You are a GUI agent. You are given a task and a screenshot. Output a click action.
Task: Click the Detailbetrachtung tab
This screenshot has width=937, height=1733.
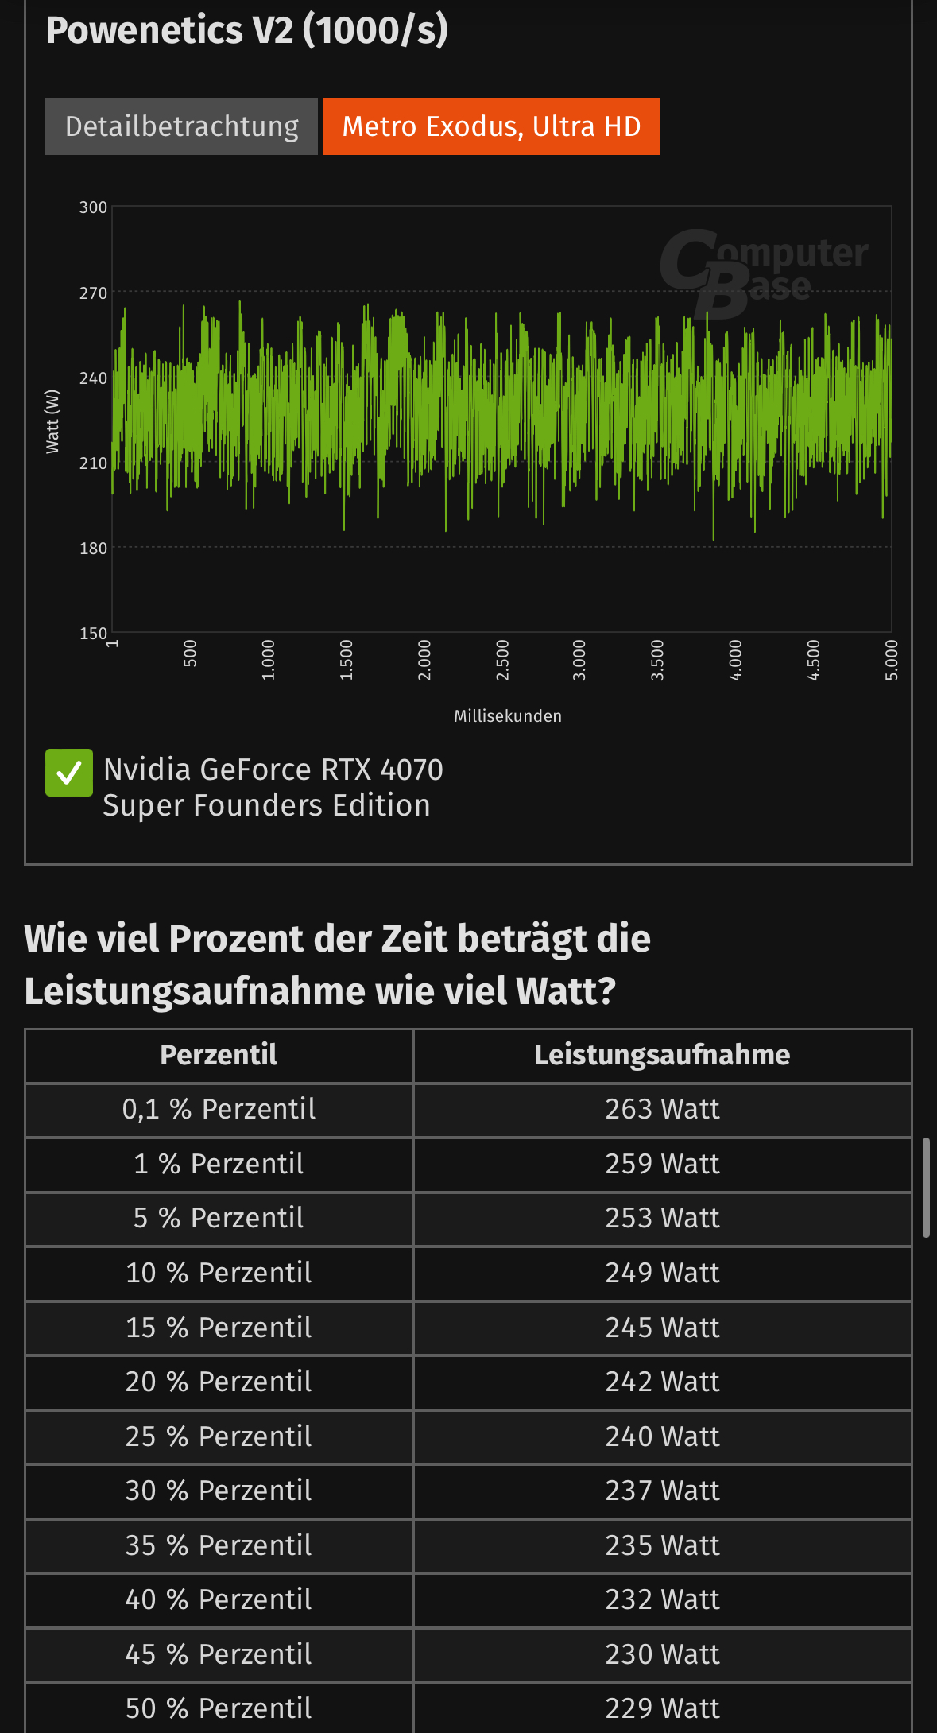(x=181, y=126)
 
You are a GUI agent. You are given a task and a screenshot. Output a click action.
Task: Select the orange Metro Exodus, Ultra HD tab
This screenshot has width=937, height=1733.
(x=491, y=126)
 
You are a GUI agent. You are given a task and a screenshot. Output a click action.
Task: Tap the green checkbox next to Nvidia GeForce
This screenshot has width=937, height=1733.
(x=69, y=773)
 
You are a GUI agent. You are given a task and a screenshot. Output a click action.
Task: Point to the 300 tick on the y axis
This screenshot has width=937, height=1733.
(x=93, y=207)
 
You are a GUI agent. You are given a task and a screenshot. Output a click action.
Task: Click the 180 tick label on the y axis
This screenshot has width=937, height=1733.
(x=93, y=549)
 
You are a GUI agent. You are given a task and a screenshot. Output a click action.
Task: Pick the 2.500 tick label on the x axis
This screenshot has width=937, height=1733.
(x=502, y=660)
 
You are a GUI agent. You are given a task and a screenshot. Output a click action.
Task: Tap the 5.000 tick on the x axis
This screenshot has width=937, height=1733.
(x=892, y=660)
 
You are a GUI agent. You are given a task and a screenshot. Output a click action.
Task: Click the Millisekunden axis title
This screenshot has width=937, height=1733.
(x=508, y=716)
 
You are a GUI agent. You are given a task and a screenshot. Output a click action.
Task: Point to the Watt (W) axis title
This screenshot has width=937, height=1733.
(x=52, y=421)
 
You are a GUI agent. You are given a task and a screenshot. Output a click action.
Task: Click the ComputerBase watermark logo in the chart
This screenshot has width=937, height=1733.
(x=763, y=270)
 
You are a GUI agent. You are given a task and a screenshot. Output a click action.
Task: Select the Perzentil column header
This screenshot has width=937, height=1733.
(x=219, y=1055)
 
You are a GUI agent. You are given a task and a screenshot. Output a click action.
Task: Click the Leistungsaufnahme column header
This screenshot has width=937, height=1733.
(x=662, y=1055)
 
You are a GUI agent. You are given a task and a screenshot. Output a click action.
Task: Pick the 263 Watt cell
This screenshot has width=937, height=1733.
(x=662, y=1109)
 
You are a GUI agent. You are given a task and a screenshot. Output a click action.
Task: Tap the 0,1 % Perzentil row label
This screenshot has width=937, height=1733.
(x=219, y=1109)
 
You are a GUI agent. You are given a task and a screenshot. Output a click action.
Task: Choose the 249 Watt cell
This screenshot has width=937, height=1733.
(x=662, y=1273)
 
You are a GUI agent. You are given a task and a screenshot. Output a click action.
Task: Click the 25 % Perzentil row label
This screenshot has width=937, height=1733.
(x=219, y=1436)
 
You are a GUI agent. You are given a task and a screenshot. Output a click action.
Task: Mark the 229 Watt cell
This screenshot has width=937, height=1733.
(x=662, y=1708)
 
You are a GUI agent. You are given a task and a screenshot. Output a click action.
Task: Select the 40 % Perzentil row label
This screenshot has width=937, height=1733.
(x=219, y=1599)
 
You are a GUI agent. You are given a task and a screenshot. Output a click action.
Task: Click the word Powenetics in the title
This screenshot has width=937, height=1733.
(x=144, y=30)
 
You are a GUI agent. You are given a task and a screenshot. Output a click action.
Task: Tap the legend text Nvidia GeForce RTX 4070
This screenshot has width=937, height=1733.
(x=273, y=770)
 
